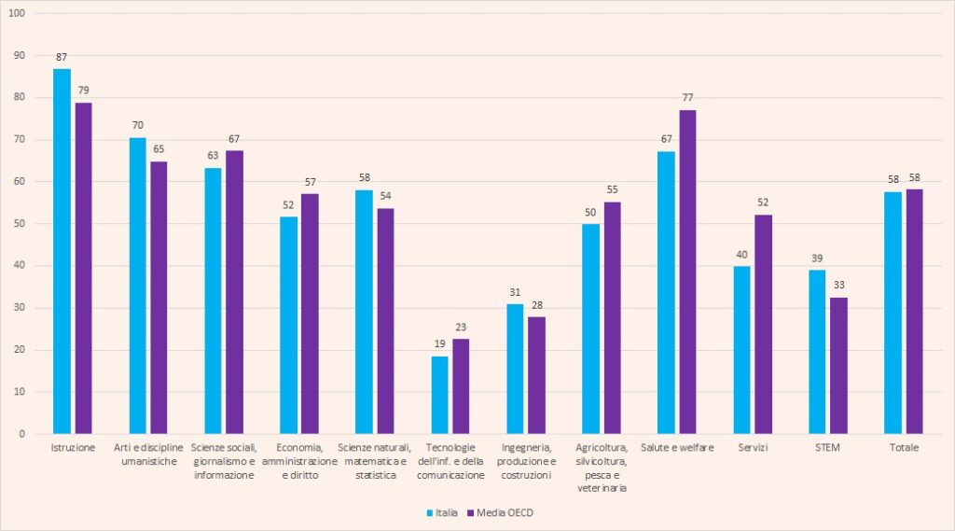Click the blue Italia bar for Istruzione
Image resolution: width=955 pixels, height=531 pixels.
point(62,251)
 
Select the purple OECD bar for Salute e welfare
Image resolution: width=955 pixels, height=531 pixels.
point(688,272)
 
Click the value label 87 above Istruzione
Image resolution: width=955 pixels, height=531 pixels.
point(62,58)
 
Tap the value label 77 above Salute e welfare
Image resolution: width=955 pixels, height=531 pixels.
point(688,98)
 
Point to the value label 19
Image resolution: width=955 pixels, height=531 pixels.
point(439,344)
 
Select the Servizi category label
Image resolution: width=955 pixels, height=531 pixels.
point(752,448)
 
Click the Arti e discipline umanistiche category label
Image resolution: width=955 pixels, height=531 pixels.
point(148,454)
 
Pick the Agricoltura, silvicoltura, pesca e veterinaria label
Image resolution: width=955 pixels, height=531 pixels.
point(602,468)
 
